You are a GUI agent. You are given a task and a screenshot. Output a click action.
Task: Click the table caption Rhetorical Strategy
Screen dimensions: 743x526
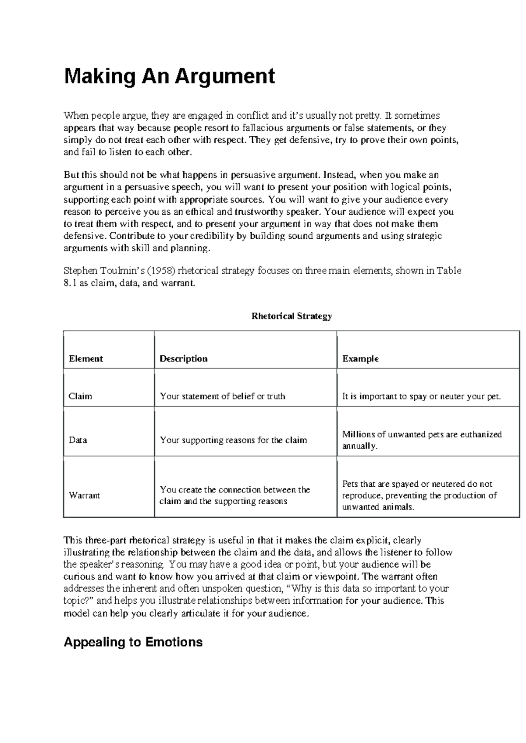click(291, 316)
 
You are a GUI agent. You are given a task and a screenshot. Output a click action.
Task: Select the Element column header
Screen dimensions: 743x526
click(86, 359)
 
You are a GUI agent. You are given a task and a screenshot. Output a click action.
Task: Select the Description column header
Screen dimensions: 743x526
click(183, 359)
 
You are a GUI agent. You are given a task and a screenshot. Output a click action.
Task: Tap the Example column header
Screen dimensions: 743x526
click(360, 359)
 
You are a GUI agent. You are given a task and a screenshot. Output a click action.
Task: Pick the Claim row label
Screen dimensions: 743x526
click(80, 396)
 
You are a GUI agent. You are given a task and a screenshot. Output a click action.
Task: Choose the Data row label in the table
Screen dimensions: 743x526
click(78, 440)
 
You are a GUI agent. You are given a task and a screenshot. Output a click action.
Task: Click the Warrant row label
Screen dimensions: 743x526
click(84, 495)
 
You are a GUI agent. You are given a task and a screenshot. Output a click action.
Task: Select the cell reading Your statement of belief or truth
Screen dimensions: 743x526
click(222, 396)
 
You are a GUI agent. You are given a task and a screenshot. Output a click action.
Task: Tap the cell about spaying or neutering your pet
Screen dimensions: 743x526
click(421, 396)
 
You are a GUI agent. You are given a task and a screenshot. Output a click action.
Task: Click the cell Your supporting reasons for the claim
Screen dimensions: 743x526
click(233, 440)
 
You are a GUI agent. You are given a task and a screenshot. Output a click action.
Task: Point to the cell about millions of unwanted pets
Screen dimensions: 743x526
click(422, 440)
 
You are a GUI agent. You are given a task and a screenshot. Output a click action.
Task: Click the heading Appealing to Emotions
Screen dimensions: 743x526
click(133, 642)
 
